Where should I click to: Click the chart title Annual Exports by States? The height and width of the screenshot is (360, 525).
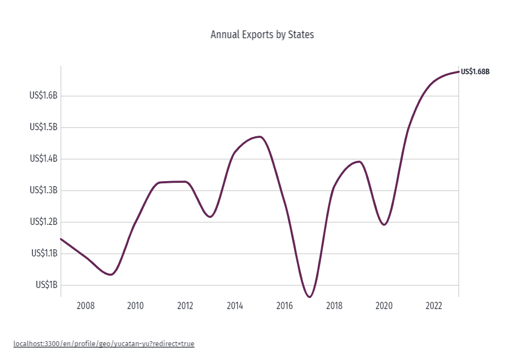[262, 35]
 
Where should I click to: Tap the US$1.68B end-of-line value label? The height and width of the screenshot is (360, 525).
[475, 71]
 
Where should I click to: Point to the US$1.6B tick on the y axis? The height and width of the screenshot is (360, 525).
[43, 96]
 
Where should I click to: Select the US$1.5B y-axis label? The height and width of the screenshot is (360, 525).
[43, 127]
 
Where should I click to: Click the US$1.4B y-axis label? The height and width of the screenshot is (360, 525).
[43, 159]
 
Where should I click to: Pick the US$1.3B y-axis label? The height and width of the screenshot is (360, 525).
[43, 191]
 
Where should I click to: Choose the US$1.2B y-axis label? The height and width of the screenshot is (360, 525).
[43, 222]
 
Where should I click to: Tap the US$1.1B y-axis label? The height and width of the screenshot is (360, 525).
[43, 254]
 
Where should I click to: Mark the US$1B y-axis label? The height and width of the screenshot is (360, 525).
[47, 285]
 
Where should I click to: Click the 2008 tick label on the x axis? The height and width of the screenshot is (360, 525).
[85, 306]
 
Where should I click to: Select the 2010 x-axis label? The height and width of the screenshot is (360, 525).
[135, 306]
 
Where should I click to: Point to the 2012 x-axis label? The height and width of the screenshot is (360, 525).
[185, 306]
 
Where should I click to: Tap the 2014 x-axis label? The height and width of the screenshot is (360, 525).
[235, 306]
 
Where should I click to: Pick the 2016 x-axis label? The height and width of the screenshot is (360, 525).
[285, 306]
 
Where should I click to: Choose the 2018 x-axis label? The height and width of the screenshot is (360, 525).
[334, 306]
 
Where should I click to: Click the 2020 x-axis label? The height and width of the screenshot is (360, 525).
[384, 306]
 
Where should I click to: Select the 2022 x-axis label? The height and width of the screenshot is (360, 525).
[434, 306]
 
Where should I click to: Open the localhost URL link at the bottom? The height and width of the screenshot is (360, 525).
[104, 344]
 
